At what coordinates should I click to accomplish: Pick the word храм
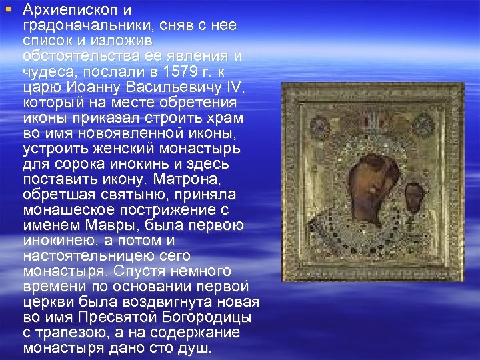pos(225,117)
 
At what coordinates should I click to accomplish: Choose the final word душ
pos(197,348)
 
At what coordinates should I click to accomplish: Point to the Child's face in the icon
pos(415,195)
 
